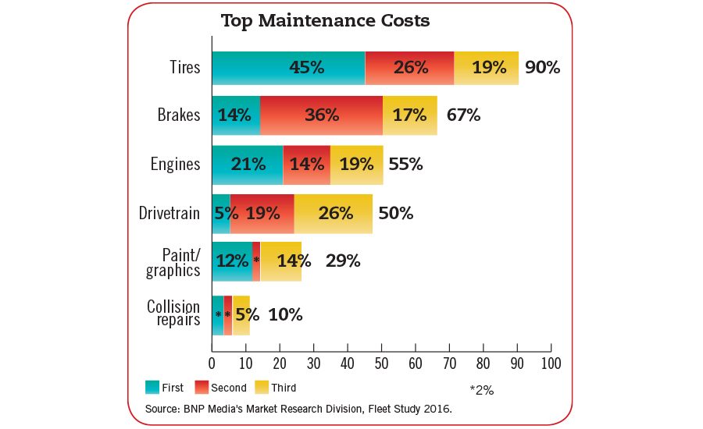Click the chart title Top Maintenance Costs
coord(325,21)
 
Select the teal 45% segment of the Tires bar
coord(287,68)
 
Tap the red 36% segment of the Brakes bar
coord(321,115)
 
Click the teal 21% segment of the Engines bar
coord(247,164)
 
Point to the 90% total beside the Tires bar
coord(542,68)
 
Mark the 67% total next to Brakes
coord(463,115)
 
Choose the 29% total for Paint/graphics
coord(343,261)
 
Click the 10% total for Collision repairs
coord(285,314)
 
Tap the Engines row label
coord(175,165)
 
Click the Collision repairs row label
coord(173,313)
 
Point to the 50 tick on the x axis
coord(381,363)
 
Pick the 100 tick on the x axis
coord(551,363)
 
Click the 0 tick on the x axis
coord(212,363)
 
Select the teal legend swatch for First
coord(152,387)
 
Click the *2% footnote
coord(481,389)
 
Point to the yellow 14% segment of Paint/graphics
coord(281,261)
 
